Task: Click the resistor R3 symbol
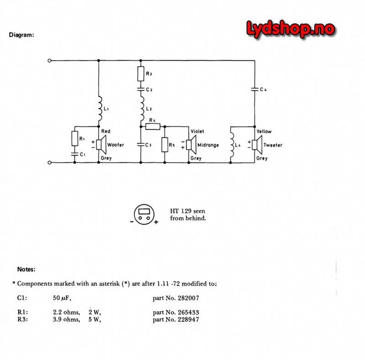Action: pos(141,73)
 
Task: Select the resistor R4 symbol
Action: pos(152,126)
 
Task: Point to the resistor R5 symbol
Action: pos(164,145)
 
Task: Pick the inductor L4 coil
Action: pos(232,145)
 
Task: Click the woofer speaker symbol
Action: pos(101,145)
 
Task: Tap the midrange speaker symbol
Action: pos(191,145)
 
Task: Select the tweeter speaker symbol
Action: pos(256,145)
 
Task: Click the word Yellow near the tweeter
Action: pos(264,131)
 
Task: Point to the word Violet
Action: pos(198,131)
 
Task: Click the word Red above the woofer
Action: pos(105,131)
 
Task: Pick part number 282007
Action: pos(176,298)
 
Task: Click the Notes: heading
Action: pos(26,270)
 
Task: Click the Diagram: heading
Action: pos(21,35)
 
